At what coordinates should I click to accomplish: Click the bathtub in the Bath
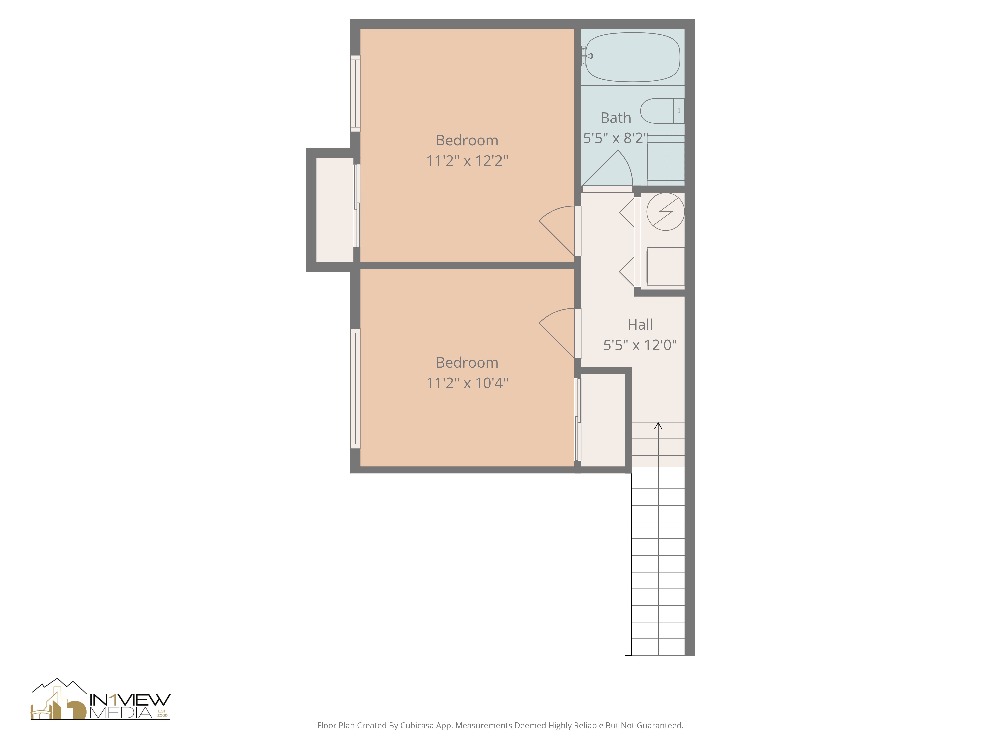click(633, 57)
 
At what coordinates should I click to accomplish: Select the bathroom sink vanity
click(665, 158)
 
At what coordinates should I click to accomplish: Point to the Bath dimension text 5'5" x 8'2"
click(615, 138)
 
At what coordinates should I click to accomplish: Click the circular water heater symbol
click(665, 211)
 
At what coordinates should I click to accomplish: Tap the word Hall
click(640, 325)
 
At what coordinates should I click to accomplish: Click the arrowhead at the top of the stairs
click(658, 426)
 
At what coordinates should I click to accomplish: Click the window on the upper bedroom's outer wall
click(355, 94)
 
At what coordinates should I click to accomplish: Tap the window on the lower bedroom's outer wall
click(355, 389)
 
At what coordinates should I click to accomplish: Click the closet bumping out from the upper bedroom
click(334, 210)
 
